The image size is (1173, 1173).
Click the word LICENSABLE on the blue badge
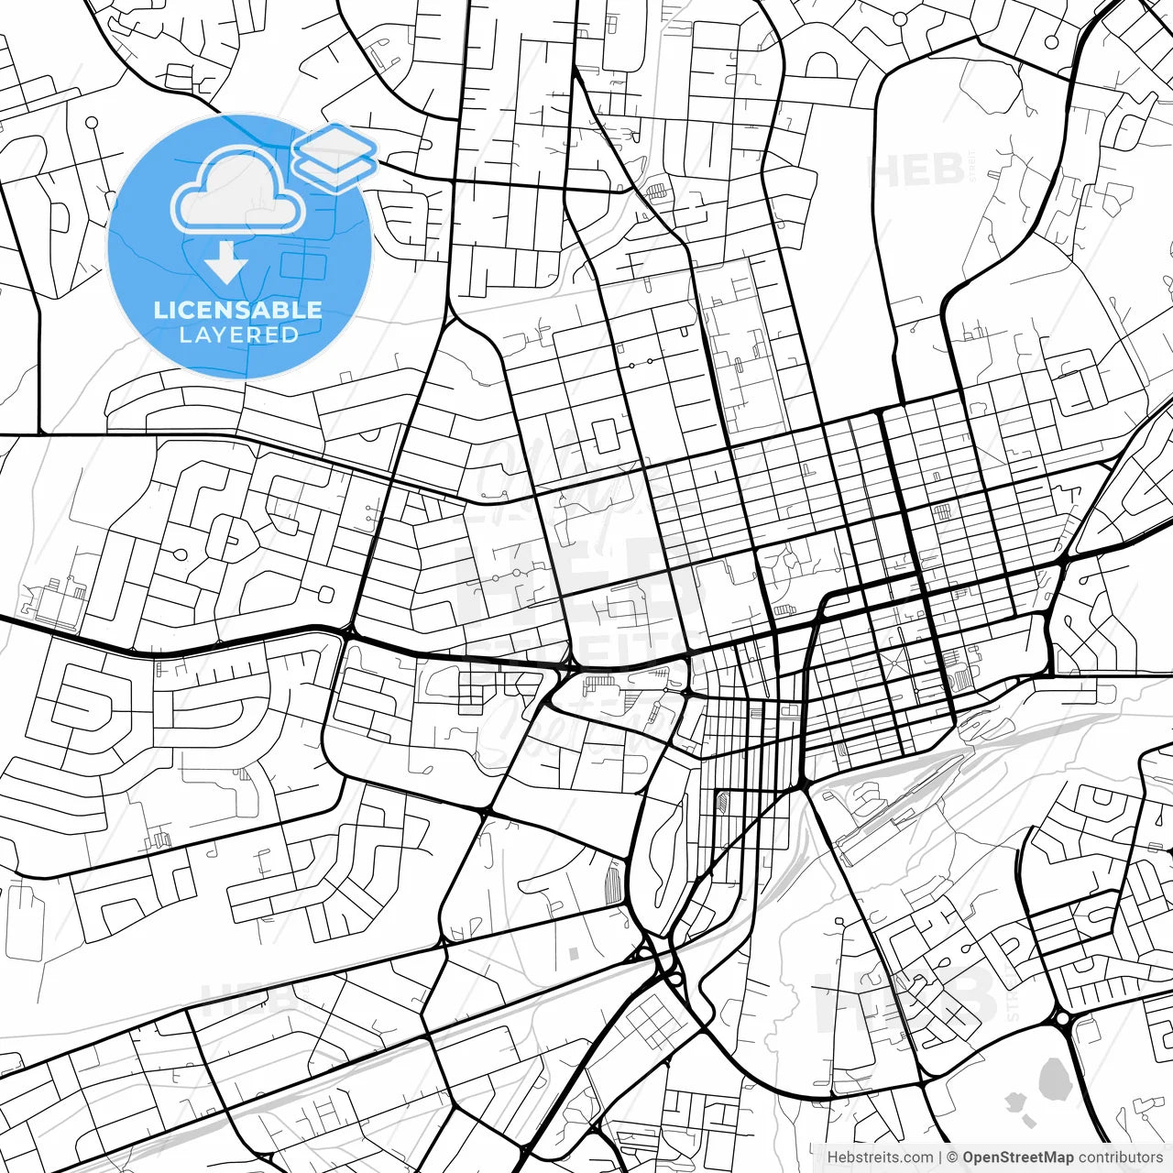[238, 310]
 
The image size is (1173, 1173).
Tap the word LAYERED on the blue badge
[238, 334]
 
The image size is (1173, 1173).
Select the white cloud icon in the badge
[238, 191]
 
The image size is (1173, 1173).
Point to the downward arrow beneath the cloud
[225, 264]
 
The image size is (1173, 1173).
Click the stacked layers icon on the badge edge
[335, 156]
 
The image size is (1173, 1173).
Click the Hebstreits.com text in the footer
[880, 1157]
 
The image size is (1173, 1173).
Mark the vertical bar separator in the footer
[941, 1157]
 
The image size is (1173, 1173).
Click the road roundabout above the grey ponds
[1063, 1018]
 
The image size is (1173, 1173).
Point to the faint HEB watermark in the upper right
[916, 170]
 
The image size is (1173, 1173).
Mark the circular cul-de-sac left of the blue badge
[91, 123]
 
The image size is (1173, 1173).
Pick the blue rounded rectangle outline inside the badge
[303, 266]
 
